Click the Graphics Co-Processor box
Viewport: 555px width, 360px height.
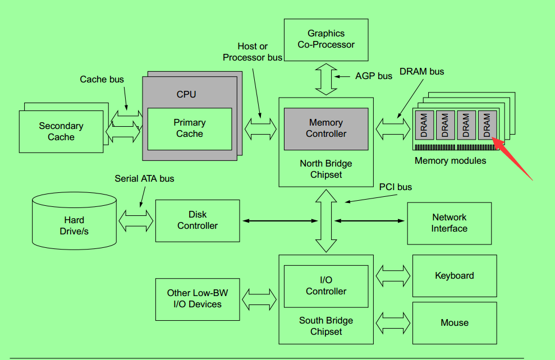[x=326, y=39]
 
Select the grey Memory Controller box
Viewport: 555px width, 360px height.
[x=326, y=128]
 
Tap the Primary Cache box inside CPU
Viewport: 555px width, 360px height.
[x=190, y=128]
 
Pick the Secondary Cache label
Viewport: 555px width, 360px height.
[x=61, y=132]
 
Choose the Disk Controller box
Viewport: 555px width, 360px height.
[x=198, y=220]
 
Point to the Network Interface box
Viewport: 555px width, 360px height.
[x=449, y=223]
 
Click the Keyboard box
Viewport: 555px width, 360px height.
[x=455, y=276]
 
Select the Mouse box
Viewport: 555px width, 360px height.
[x=455, y=323]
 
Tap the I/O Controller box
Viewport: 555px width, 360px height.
[x=326, y=286]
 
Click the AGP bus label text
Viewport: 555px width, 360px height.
[x=374, y=76]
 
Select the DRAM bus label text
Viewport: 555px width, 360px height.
[x=421, y=71]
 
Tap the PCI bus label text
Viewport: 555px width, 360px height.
[x=396, y=187]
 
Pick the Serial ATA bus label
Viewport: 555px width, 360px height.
[x=144, y=179]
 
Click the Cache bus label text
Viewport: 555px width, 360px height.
[x=102, y=80]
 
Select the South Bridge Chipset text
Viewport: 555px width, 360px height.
[x=326, y=326]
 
